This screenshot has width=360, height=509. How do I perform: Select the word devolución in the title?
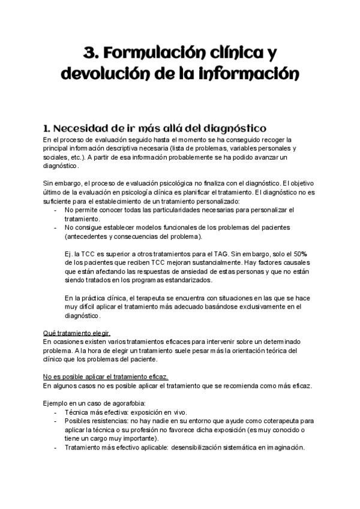pyautogui.click(x=101, y=76)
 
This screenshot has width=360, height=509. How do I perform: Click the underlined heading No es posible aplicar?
pyautogui.click(x=106, y=376)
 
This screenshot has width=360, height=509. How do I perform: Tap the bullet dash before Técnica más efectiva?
pyautogui.click(x=55, y=412)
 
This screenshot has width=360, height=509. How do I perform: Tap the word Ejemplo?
pyautogui.click(x=57, y=403)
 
